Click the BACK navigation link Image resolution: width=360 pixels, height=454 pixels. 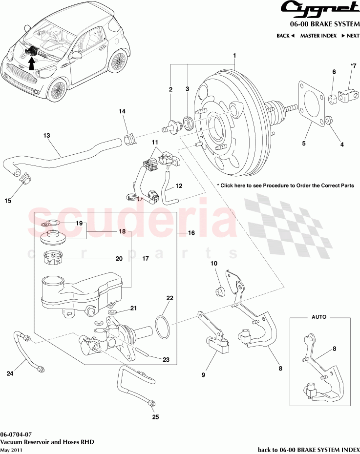tap(285, 36)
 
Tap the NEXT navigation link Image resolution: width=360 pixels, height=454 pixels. tap(350, 36)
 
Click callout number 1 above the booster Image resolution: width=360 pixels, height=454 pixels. tap(234, 56)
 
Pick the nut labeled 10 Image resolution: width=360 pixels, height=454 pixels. tap(219, 292)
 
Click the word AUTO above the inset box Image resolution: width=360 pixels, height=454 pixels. tap(318, 317)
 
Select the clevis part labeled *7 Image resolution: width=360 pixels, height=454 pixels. tap(350, 94)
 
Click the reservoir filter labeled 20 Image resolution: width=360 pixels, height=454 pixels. tap(51, 258)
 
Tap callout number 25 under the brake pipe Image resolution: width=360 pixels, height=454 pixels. tap(155, 417)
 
